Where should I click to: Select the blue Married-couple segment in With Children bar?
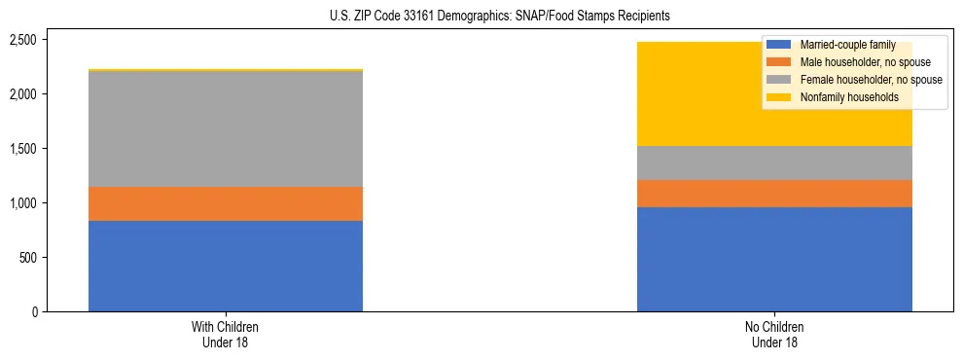pos(226,266)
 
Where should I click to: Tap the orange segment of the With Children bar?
pos(226,203)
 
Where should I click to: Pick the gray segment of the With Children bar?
pos(226,128)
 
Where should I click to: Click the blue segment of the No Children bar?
pos(774,259)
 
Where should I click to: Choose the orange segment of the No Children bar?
pos(774,194)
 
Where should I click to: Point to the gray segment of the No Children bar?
pos(774,162)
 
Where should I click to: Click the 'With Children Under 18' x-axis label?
pos(226,335)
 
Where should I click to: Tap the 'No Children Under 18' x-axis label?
pos(774,335)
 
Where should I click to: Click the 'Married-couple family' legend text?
pos(841,46)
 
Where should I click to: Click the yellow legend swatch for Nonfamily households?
pos(779,97)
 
